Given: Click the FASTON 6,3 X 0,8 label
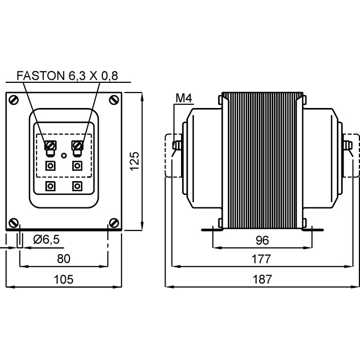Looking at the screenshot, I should pos(67,76).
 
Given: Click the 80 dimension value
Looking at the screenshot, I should pos(64,259).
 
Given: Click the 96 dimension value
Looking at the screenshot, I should pos(263,240).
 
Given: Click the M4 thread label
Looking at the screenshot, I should pos(183,98).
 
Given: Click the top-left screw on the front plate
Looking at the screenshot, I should pos(15,99).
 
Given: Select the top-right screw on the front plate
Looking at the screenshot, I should pos(113,99).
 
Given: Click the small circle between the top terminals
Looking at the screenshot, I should pos(64,155).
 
